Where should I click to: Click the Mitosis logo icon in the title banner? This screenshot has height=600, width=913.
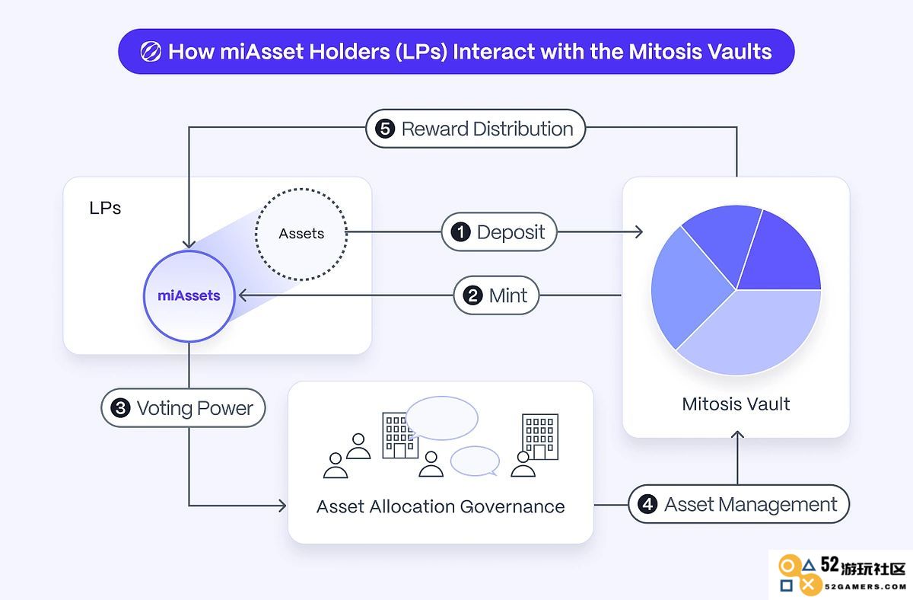[x=151, y=52]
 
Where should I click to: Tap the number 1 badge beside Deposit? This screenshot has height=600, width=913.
[x=460, y=232]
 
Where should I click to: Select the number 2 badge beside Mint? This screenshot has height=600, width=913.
[x=472, y=295]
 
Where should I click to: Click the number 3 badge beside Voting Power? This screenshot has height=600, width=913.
[x=121, y=408]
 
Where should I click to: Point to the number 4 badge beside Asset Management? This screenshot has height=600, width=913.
[x=647, y=505]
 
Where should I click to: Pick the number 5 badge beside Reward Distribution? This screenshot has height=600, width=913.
[x=385, y=129]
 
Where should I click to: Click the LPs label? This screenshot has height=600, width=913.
[x=105, y=208]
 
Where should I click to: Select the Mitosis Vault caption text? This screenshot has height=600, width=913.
[x=736, y=404]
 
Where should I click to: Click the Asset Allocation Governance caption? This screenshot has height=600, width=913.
[x=441, y=506]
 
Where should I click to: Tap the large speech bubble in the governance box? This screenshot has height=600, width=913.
[x=442, y=418]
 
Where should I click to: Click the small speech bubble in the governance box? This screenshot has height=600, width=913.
[x=475, y=461]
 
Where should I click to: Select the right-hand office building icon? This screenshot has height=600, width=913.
[x=540, y=437]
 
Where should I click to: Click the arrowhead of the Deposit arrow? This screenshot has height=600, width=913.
[x=638, y=232]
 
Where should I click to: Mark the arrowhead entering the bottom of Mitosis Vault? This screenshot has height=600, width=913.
[x=737, y=435]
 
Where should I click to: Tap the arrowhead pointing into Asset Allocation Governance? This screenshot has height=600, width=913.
[x=282, y=506]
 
